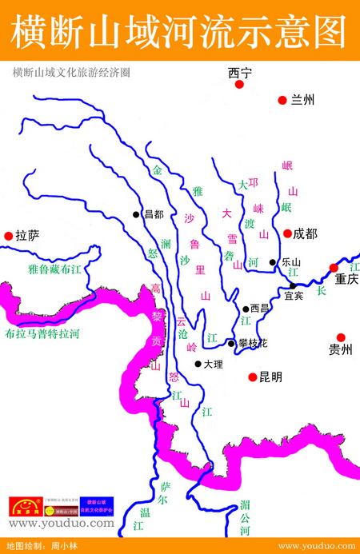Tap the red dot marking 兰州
click(x=282, y=100)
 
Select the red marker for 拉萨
click(x=9, y=236)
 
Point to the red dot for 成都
click(x=287, y=233)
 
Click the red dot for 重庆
click(x=334, y=268)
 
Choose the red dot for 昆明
click(x=252, y=376)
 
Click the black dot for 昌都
click(x=137, y=214)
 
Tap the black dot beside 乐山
click(x=273, y=262)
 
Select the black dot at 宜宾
click(x=293, y=285)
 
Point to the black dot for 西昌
click(x=246, y=309)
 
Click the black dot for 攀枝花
click(x=231, y=343)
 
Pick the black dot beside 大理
click(x=198, y=364)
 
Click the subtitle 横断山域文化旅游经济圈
click(x=71, y=72)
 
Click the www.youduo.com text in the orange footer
click(x=315, y=546)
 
